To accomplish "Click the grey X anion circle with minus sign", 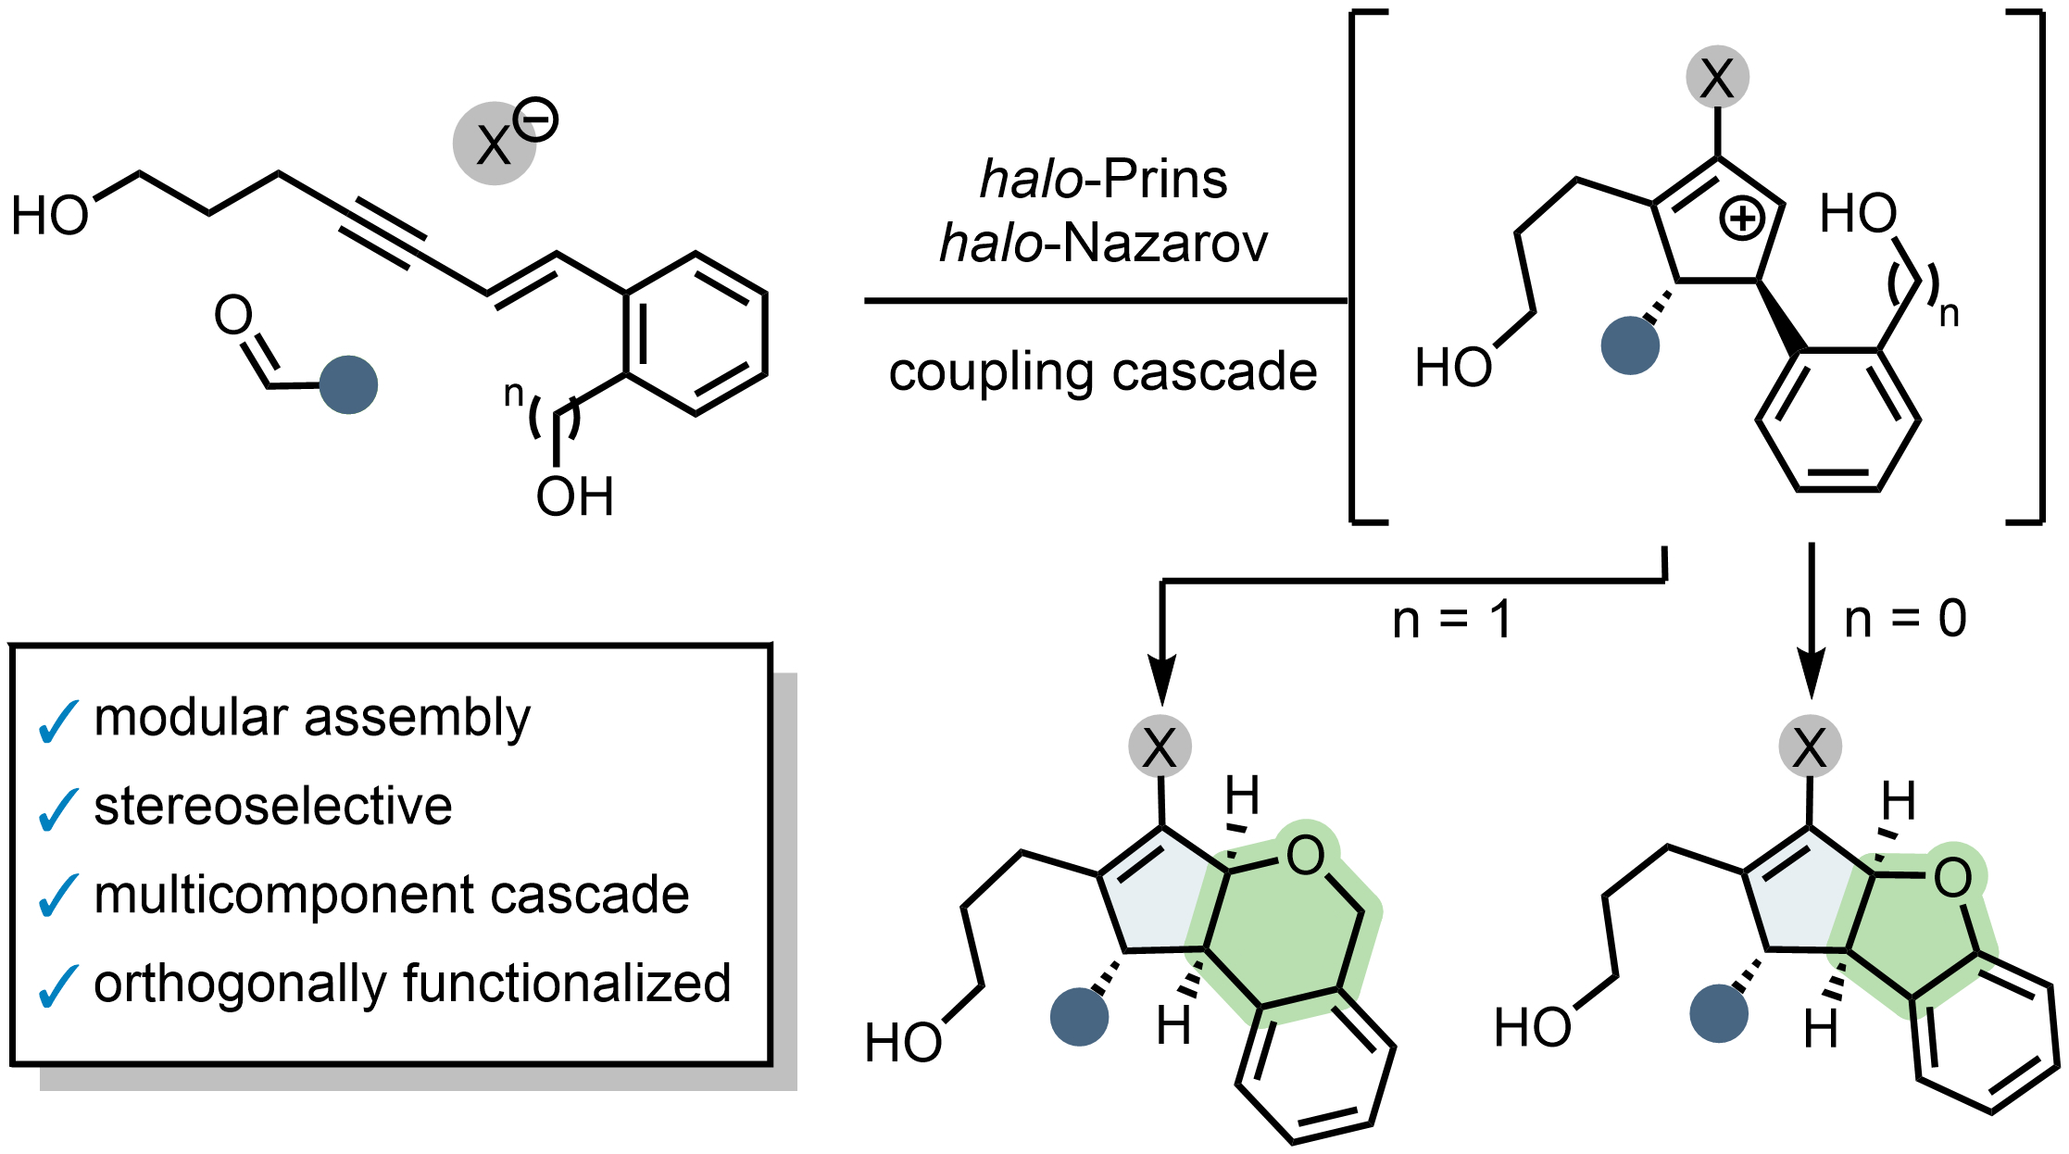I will [495, 144].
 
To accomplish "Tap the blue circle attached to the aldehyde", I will [348, 384].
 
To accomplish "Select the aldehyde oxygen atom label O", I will [233, 315].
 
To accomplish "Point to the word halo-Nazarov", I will [1103, 244].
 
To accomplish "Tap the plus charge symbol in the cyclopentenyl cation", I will [1742, 220].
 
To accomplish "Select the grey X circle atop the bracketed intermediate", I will [1717, 77].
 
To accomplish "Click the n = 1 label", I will [1451, 619].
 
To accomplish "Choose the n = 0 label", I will [1905, 619].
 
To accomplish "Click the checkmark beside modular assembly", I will [57, 721].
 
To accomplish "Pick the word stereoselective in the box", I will [273, 806].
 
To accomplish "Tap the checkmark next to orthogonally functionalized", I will [57, 986].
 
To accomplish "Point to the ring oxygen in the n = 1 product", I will [1305, 856].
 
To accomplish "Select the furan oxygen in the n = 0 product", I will [1952, 877].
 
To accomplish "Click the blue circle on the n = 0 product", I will [1718, 1013].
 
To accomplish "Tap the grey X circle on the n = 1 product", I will [1160, 746].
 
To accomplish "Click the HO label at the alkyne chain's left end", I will [49, 216].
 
